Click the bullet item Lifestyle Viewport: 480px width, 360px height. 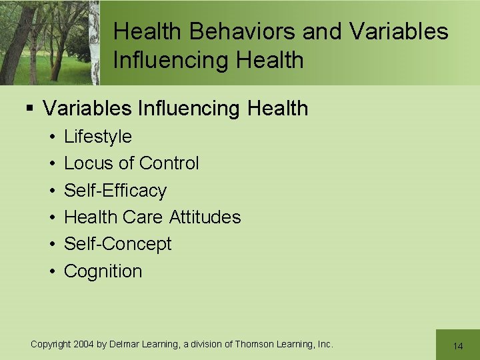[98, 137]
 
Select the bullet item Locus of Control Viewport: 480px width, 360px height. [131, 163]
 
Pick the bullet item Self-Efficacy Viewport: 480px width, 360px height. [115, 191]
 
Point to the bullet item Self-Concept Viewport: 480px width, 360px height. [117, 244]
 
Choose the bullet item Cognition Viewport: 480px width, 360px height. [103, 271]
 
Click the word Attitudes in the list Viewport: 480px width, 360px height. [205, 217]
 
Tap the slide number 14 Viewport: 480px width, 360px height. [457, 346]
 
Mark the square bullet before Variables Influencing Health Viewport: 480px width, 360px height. [30, 109]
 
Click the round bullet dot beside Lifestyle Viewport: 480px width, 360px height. [51, 137]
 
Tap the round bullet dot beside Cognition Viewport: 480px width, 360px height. [51, 272]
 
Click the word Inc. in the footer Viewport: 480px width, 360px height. [325, 344]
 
